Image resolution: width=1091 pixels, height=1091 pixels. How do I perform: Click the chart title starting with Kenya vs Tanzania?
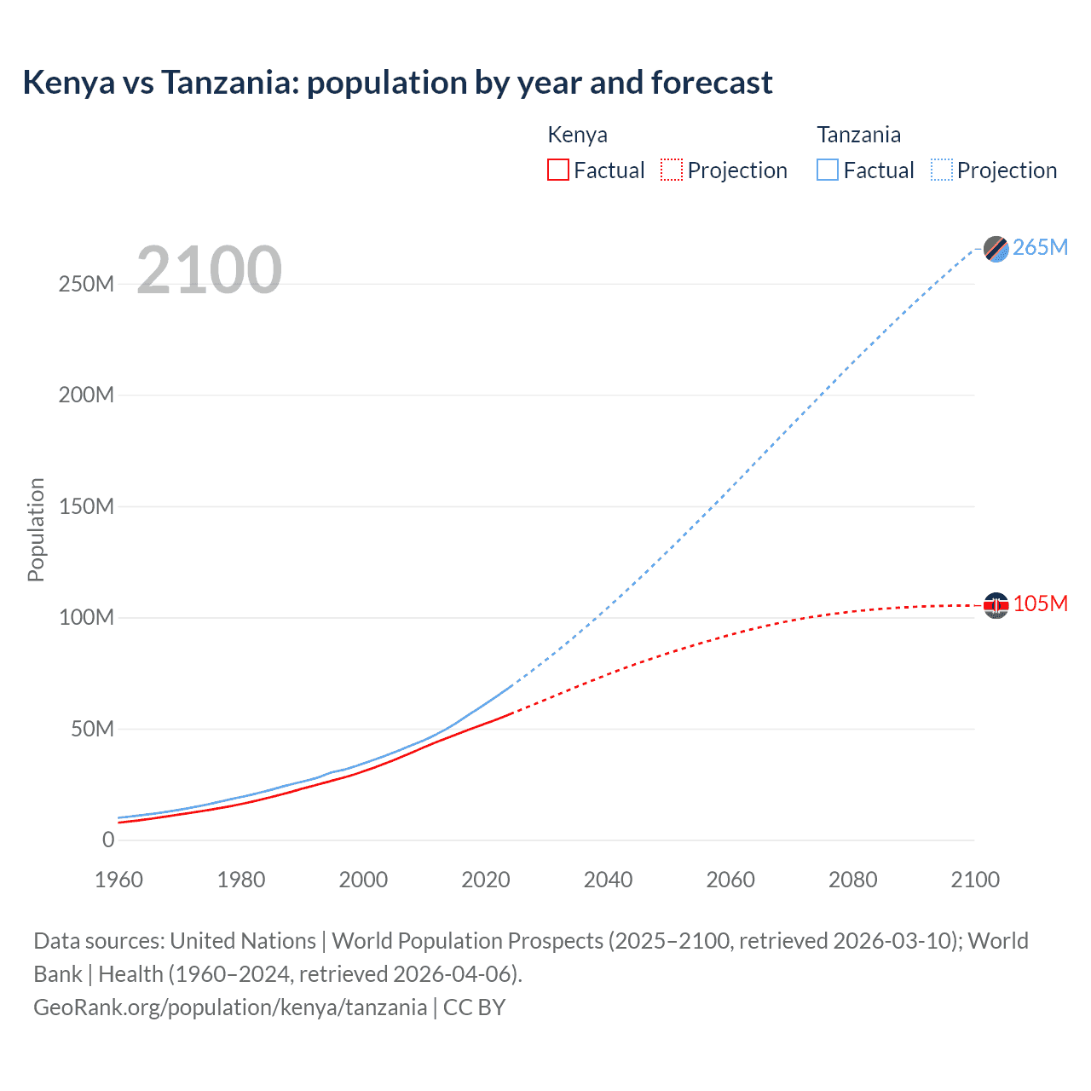click(x=397, y=83)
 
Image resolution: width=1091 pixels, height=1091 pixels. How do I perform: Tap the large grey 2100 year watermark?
click(x=209, y=270)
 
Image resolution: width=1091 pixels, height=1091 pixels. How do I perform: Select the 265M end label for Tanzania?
click(x=1040, y=247)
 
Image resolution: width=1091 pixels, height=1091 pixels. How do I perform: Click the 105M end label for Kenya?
click(x=1040, y=603)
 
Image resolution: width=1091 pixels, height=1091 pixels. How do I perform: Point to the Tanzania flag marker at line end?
click(x=996, y=248)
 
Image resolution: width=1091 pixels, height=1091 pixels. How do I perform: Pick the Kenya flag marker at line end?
click(x=996, y=605)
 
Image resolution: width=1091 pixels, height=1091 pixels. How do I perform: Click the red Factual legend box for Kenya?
click(x=557, y=170)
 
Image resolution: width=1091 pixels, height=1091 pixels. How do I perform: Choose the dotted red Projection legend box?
click(x=672, y=170)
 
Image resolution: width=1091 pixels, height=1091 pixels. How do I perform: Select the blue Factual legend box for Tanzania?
click(x=827, y=170)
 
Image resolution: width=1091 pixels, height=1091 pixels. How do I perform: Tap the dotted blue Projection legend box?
click(x=941, y=170)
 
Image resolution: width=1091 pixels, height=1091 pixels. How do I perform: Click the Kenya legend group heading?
click(x=577, y=135)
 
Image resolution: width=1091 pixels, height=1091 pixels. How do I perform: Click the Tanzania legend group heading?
click(x=858, y=135)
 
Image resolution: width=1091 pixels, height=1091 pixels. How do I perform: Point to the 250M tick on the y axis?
click(x=86, y=284)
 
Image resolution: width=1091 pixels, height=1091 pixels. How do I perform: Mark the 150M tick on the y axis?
click(x=86, y=506)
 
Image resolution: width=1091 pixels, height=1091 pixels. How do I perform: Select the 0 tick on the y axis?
click(x=107, y=840)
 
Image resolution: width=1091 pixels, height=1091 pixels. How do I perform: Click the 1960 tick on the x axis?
click(x=118, y=880)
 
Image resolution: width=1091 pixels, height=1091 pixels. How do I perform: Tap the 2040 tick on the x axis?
click(x=608, y=880)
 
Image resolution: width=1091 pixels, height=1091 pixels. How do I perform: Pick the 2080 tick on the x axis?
click(x=852, y=880)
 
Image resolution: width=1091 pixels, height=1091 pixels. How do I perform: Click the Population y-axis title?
click(x=36, y=529)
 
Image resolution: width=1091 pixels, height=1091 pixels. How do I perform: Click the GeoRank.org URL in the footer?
click(x=230, y=1007)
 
